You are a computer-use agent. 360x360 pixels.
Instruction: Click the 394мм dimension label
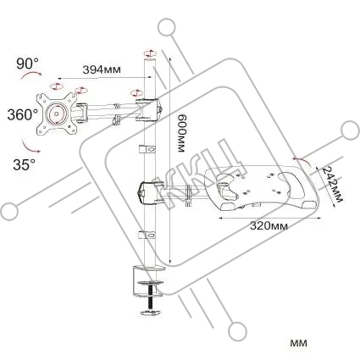[x=102, y=69]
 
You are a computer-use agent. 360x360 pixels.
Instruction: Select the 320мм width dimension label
[x=269, y=225]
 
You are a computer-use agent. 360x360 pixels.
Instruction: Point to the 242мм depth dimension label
[x=332, y=184]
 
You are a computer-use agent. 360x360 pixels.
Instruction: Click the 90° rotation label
[x=28, y=64]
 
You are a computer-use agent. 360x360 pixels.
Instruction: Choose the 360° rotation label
[x=22, y=114]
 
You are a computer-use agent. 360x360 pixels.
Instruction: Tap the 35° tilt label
[x=24, y=164]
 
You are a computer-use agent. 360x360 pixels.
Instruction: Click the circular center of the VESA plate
[x=57, y=114]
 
